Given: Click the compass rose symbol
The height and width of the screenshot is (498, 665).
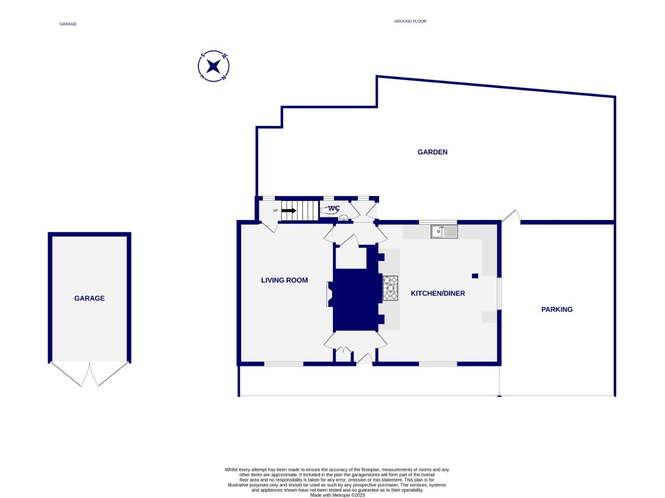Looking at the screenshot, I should (214, 66).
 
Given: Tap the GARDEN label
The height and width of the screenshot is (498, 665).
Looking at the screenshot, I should (432, 152).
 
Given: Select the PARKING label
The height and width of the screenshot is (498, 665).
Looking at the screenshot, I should (557, 309).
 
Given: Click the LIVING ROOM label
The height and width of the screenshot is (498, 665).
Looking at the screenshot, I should (284, 280).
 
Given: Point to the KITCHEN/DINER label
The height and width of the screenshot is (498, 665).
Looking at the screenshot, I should (438, 293).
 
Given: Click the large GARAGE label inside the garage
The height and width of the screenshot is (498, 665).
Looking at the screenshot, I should (89, 298).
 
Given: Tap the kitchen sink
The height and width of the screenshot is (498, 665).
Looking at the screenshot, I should (444, 231).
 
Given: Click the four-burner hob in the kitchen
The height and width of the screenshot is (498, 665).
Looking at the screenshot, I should (390, 288).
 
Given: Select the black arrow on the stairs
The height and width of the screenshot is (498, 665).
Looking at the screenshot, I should (289, 211).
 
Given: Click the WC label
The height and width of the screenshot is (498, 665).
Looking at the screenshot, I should (334, 208).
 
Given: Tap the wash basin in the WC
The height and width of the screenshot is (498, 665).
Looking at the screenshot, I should (343, 218).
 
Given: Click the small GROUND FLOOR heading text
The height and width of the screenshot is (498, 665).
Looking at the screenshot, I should (410, 21).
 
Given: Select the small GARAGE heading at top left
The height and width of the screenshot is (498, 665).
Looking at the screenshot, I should (68, 24).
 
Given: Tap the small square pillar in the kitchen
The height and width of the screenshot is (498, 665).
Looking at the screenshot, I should (475, 276).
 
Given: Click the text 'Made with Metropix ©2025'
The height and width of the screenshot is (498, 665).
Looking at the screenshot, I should (337, 495).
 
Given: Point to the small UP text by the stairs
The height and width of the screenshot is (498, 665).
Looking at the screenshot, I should (275, 211).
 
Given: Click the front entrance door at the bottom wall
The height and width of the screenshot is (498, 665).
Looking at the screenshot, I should (364, 360).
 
